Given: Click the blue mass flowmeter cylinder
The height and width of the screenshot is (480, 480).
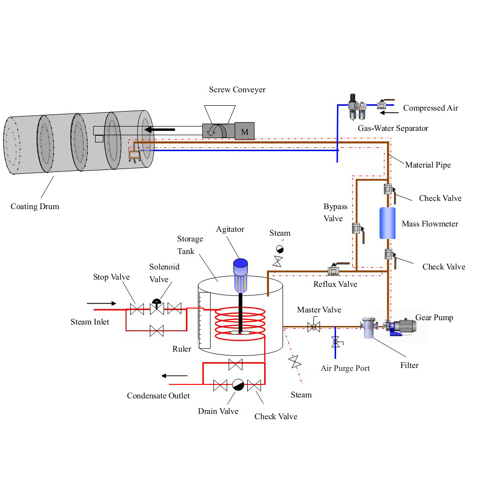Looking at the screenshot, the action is (387, 223).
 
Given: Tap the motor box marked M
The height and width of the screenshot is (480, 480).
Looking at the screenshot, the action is (245, 131).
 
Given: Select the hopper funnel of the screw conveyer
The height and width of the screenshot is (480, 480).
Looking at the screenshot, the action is (220, 114).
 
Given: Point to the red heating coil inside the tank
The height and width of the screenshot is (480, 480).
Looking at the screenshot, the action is (240, 323).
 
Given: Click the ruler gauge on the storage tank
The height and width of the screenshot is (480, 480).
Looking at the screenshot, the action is (204, 320).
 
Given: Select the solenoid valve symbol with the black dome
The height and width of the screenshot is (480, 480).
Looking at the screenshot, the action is (157, 307).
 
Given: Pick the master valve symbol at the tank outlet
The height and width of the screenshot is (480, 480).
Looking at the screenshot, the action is (313, 326).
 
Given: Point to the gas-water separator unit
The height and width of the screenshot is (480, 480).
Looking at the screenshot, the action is (357, 107).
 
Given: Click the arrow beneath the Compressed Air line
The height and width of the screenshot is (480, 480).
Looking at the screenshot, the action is (389, 113).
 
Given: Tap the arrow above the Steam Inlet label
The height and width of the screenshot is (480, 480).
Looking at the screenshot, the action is (101, 303).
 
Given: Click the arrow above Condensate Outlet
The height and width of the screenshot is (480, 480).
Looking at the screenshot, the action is (174, 376).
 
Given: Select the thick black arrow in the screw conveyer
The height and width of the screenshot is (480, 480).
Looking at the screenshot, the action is (159, 129).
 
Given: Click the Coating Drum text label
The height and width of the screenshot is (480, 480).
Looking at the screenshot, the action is (35, 206).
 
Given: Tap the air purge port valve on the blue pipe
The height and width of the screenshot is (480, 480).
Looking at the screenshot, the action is (336, 341).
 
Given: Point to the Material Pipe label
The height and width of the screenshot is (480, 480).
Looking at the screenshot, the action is (428, 165).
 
